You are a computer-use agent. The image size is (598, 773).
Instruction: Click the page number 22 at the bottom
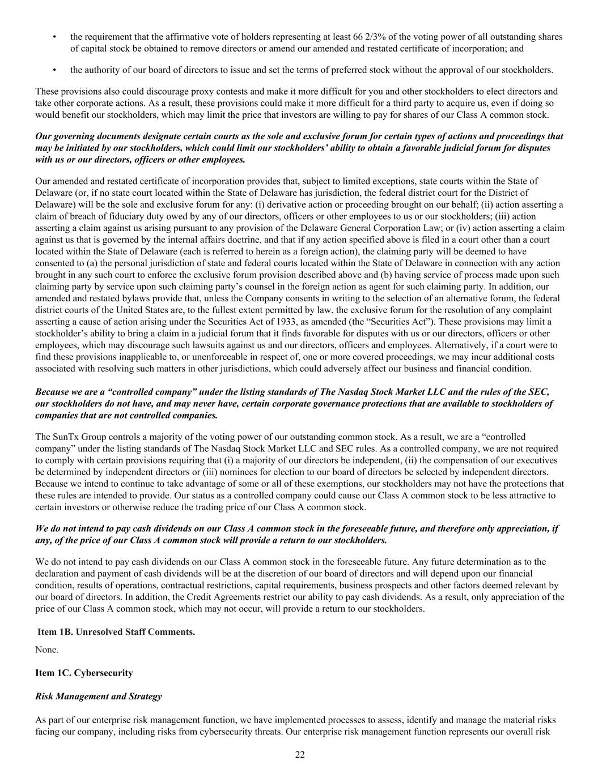(x=300, y=754)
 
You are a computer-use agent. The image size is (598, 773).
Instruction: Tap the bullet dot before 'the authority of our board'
(x=54, y=70)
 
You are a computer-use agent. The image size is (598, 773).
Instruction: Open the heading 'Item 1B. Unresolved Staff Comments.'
(x=116, y=631)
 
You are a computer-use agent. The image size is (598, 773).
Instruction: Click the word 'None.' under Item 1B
(x=47, y=650)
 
